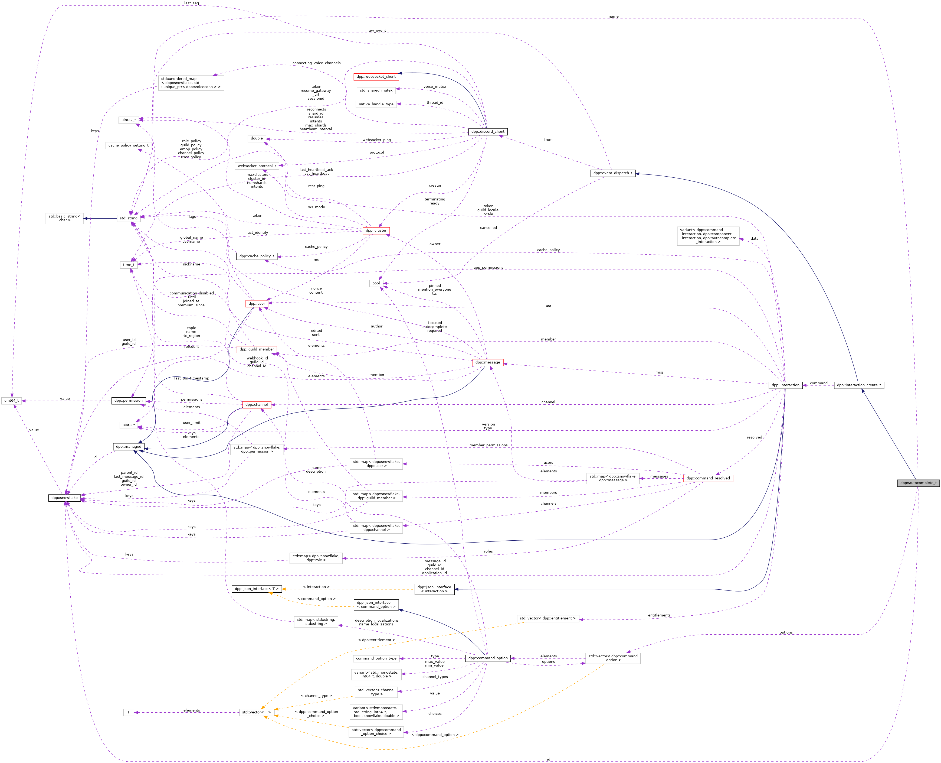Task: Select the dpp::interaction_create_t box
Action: click(858, 385)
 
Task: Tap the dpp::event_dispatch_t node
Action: click(612, 173)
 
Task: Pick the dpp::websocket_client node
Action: click(376, 76)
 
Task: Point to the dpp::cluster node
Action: click(376, 230)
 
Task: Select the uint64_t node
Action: click(11, 400)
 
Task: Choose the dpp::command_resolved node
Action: click(708, 478)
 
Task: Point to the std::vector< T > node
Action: click(257, 712)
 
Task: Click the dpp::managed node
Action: click(128, 447)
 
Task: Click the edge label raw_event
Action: click(376, 31)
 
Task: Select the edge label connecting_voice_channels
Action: click(316, 63)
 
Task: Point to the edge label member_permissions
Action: click(488, 445)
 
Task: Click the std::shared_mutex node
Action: click(376, 90)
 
